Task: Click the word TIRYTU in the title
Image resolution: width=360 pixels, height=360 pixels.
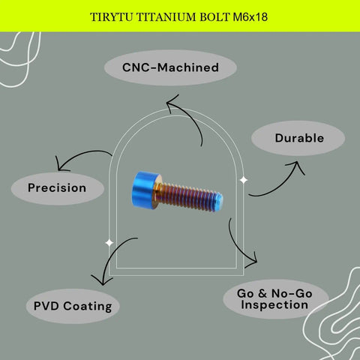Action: (111, 17)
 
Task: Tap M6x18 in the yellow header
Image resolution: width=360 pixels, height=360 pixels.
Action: (250, 17)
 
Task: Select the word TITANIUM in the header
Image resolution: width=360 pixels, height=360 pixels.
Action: (166, 17)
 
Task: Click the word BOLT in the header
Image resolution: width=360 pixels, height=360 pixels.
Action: (214, 17)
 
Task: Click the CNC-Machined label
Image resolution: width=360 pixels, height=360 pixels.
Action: (170, 67)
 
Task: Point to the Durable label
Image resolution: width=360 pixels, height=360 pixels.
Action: (299, 138)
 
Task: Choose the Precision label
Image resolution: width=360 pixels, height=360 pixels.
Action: (57, 187)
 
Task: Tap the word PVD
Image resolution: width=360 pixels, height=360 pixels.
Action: (46, 306)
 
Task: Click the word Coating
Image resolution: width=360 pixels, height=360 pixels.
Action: (88, 307)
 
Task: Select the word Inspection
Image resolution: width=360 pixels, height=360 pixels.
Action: (274, 305)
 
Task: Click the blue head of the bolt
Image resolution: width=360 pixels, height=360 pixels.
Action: (143, 190)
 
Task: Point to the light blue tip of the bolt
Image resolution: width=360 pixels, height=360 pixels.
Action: (219, 202)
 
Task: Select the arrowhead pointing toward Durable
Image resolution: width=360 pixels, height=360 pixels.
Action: (296, 166)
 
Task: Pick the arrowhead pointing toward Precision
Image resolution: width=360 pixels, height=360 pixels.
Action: (60, 166)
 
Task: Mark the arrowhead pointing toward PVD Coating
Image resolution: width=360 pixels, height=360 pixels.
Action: (102, 280)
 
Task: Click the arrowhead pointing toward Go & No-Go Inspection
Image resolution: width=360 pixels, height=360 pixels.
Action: (253, 261)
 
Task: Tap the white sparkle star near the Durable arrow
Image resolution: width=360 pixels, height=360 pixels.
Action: (244, 180)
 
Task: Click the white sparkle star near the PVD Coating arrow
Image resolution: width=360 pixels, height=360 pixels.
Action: (109, 242)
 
